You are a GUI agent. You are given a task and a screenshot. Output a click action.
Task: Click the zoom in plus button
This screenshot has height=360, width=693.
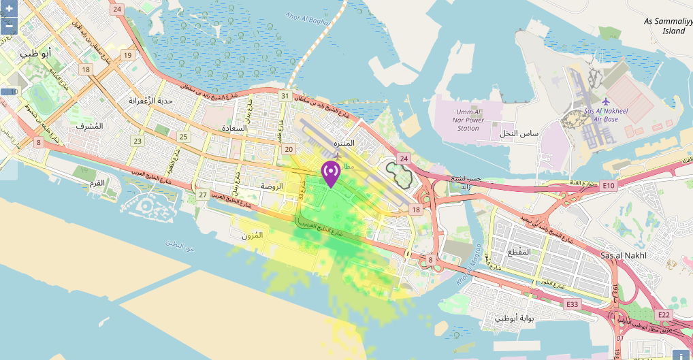[9, 10]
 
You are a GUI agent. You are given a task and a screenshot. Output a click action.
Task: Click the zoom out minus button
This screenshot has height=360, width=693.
[9, 26]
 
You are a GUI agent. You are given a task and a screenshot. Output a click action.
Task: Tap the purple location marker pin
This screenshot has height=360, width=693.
[331, 174]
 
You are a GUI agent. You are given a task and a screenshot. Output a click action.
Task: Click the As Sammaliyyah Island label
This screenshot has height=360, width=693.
[668, 26]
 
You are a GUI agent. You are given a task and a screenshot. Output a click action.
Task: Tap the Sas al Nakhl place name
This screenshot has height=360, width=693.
[624, 255]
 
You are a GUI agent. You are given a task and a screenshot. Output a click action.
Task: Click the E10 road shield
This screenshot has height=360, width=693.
[608, 186]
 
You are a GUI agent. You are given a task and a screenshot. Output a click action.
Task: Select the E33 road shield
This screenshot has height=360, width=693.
[572, 304]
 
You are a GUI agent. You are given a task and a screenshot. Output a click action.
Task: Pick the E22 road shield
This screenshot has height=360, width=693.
[664, 314]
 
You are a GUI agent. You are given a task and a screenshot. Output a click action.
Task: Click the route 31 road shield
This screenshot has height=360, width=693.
[285, 96]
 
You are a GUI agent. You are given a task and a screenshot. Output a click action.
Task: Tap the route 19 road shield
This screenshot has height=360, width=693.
[127, 54]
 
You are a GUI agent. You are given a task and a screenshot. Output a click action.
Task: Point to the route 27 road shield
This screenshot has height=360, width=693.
[202, 195]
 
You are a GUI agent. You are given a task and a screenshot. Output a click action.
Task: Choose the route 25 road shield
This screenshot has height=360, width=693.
[183, 137]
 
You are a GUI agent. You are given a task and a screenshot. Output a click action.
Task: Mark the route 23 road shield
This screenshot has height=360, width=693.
[138, 141]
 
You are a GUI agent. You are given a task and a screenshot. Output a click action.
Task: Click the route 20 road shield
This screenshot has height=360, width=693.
[289, 149]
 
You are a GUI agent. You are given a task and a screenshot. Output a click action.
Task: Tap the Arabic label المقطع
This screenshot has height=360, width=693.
[520, 252]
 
